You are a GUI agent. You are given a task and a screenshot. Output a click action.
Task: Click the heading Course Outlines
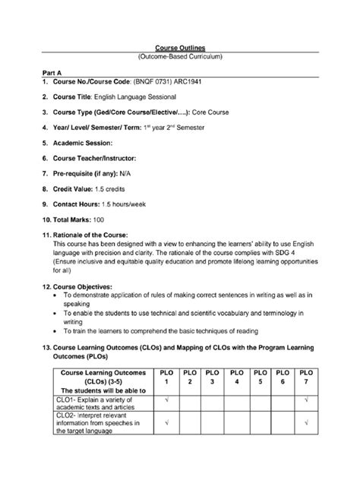[x=181, y=48]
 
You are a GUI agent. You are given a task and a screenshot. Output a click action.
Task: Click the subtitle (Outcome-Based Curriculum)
[x=181, y=57]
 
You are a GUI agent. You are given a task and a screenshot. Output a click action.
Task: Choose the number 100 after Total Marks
[x=105, y=217]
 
